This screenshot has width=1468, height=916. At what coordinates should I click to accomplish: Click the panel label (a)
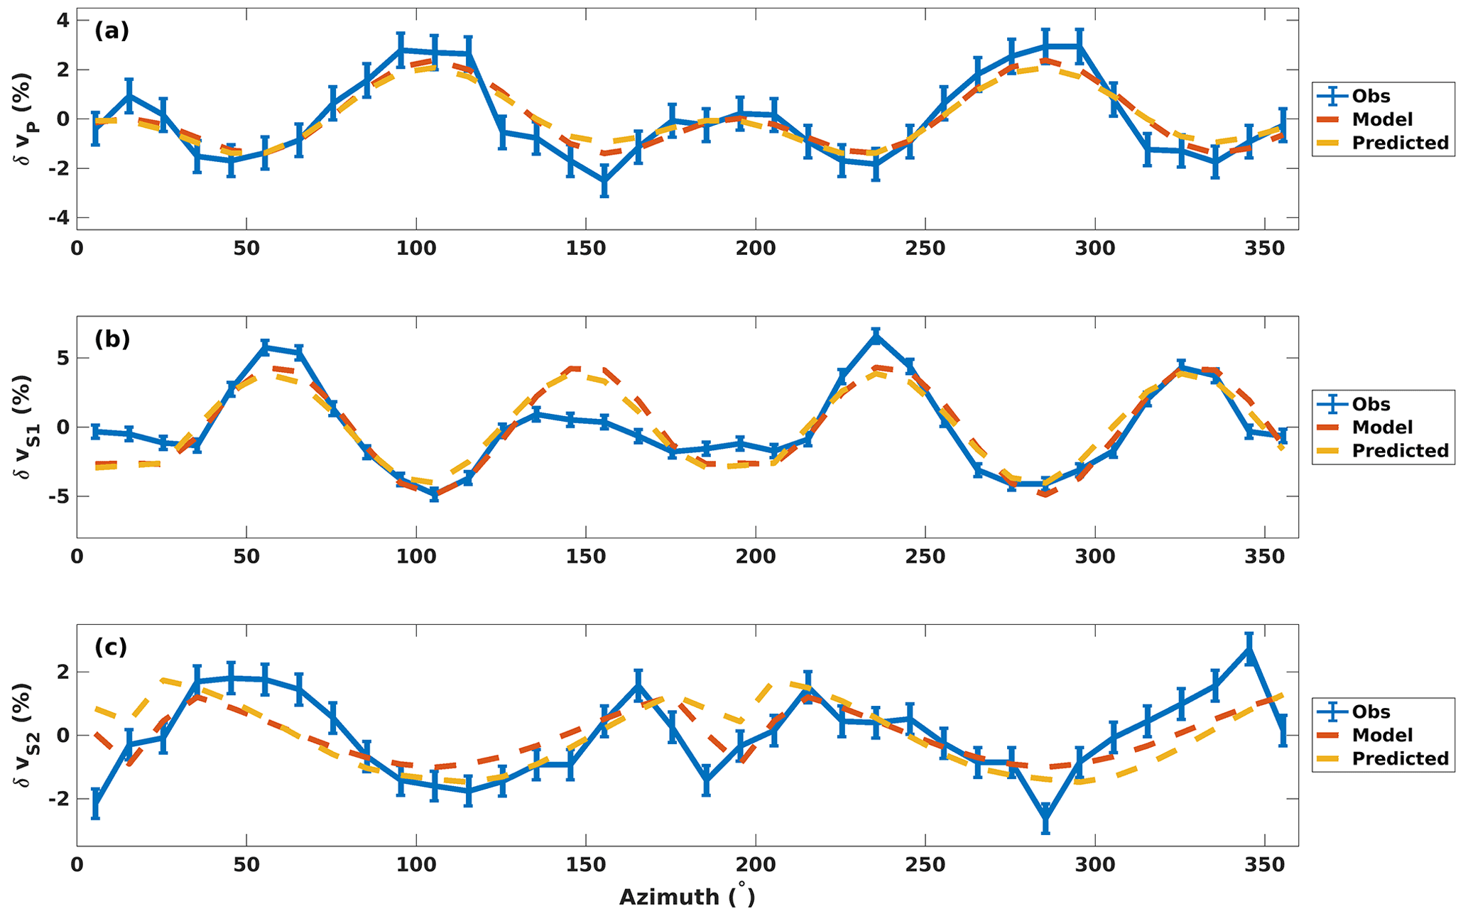tap(112, 31)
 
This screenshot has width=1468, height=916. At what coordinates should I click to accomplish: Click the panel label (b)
tap(112, 339)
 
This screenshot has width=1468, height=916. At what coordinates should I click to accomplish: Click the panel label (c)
tap(111, 647)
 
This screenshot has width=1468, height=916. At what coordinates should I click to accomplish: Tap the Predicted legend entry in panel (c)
tap(1399, 758)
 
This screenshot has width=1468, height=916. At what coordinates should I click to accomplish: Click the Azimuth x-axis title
tap(687, 897)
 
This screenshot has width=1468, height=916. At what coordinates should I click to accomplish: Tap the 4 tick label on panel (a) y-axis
tap(63, 21)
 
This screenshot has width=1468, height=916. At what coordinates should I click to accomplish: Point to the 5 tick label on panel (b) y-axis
tap(63, 358)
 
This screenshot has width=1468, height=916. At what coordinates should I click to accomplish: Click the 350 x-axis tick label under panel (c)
tap(1265, 866)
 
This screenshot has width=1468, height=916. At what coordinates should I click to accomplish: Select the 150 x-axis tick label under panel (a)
tap(585, 249)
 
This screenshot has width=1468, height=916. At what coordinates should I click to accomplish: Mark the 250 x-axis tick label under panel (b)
tap(925, 557)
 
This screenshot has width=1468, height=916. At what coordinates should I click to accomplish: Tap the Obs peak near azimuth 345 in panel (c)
tap(1249, 648)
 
